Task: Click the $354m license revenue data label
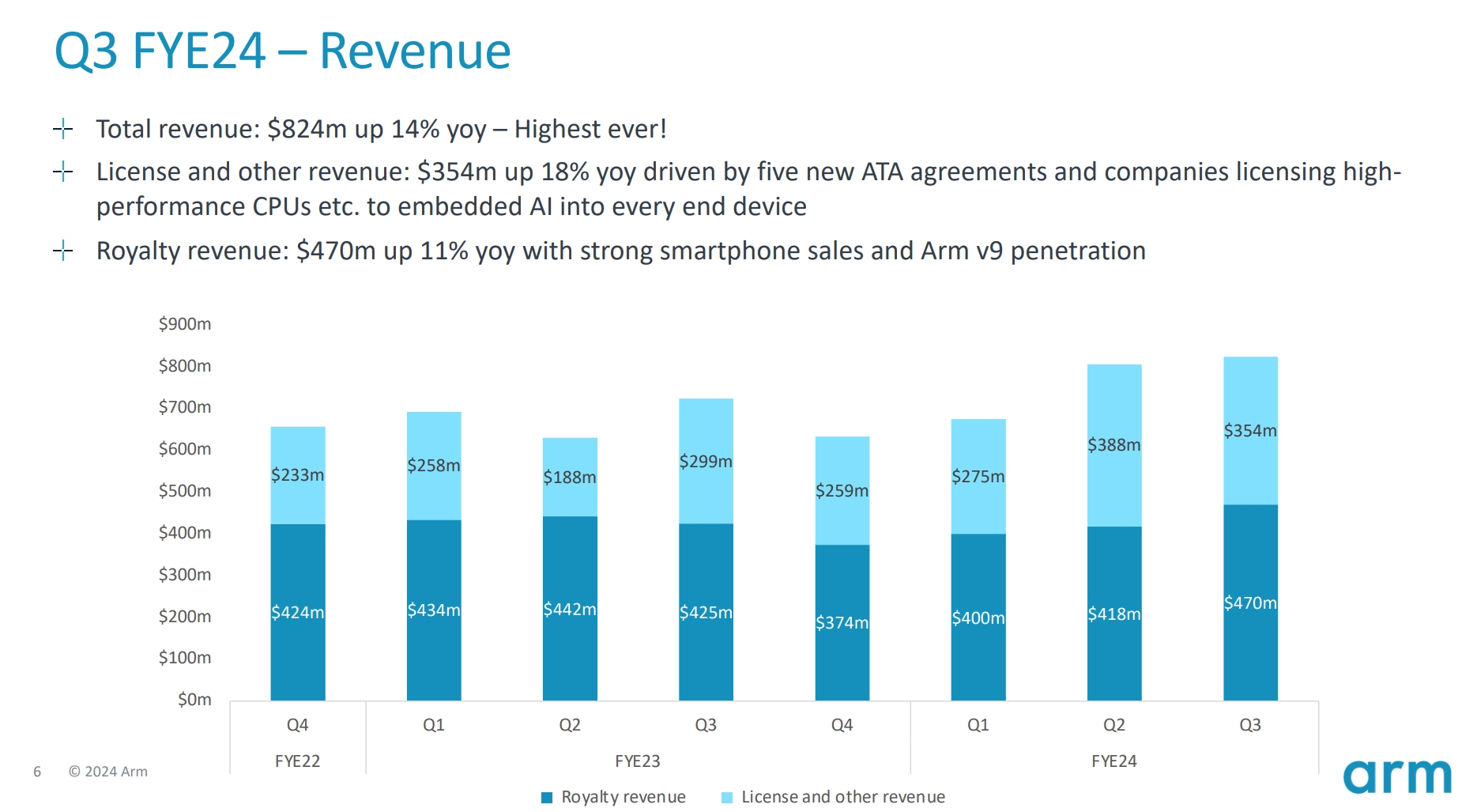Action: (x=1249, y=431)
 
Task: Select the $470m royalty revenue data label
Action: (x=1249, y=603)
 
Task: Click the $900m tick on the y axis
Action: (x=185, y=324)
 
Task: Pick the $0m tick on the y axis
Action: (x=194, y=700)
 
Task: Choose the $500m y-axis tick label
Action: (x=185, y=491)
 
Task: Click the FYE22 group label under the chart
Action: (x=297, y=761)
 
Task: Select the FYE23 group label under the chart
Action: (x=637, y=761)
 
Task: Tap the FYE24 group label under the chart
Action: (x=1113, y=761)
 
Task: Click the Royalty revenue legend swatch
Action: (x=547, y=798)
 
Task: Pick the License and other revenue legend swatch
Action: (x=727, y=798)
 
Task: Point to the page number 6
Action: (x=37, y=772)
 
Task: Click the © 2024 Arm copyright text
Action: (x=108, y=772)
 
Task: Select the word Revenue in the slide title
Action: (x=415, y=51)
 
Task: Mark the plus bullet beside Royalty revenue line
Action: (x=63, y=251)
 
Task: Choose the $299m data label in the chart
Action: (x=706, y=462)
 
